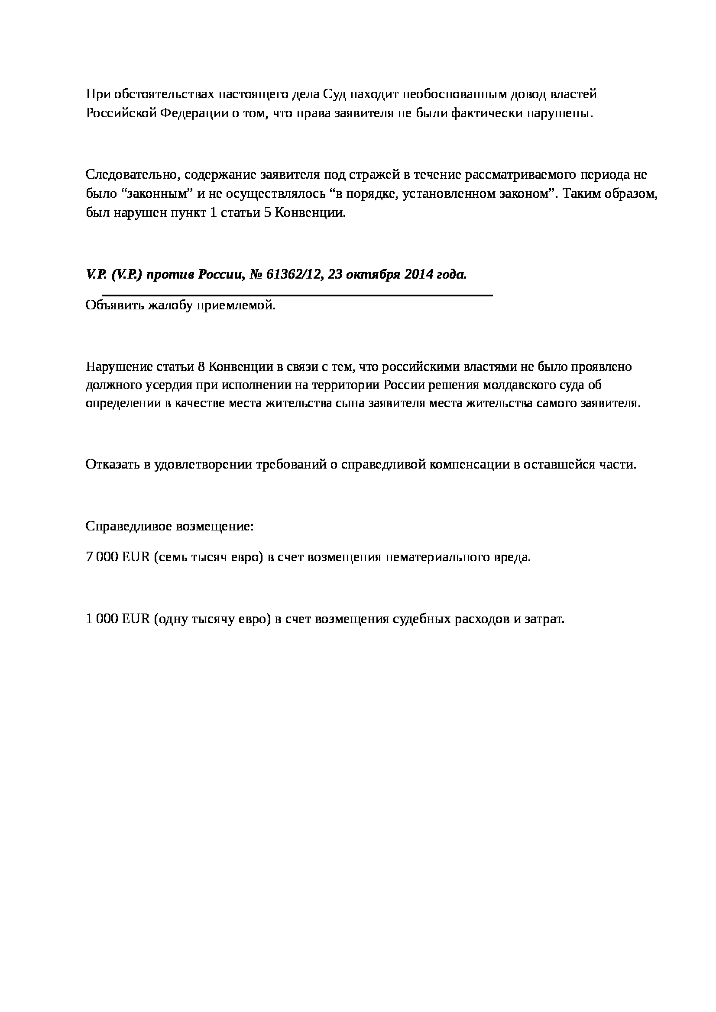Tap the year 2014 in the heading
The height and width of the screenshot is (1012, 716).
click(414, 275)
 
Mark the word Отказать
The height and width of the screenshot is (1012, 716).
click(111, 465)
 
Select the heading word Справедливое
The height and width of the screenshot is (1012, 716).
click(128, 527)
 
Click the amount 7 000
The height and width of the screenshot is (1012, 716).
click(102, 557)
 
